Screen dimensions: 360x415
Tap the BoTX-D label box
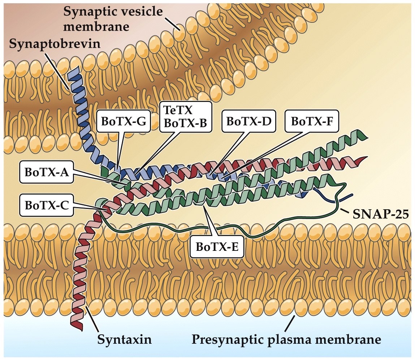coord(249,121)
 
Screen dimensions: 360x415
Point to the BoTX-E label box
coord(216,247)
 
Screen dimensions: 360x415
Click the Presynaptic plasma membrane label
coord(286,339)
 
